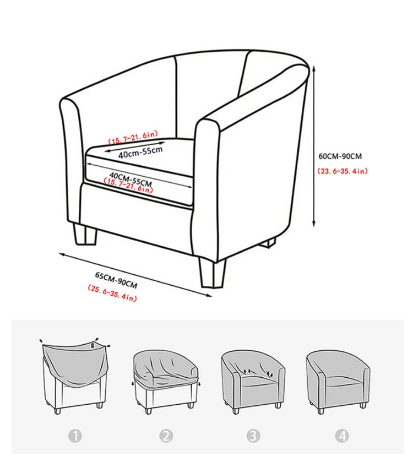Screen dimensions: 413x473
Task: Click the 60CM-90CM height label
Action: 340,156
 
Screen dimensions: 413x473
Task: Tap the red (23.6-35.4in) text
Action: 343,171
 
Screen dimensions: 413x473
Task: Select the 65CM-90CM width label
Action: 116,280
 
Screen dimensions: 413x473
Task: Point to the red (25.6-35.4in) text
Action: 112,293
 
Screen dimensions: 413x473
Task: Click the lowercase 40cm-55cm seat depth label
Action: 140,153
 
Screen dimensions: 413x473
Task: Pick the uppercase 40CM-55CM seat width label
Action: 131,179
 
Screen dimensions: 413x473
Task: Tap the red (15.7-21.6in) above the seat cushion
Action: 133,137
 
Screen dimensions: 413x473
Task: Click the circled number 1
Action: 75,436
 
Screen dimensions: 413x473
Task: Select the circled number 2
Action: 166,436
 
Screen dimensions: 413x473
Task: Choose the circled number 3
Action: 253,436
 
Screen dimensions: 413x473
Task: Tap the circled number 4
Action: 342,436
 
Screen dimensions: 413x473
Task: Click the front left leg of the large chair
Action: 85,234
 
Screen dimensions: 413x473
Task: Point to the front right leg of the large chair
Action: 212,272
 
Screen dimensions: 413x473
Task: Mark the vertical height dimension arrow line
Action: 314,146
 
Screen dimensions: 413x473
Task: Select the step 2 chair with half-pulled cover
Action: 166,382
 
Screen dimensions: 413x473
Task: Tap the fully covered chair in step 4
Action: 338,382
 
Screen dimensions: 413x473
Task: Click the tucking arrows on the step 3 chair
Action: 257,373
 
